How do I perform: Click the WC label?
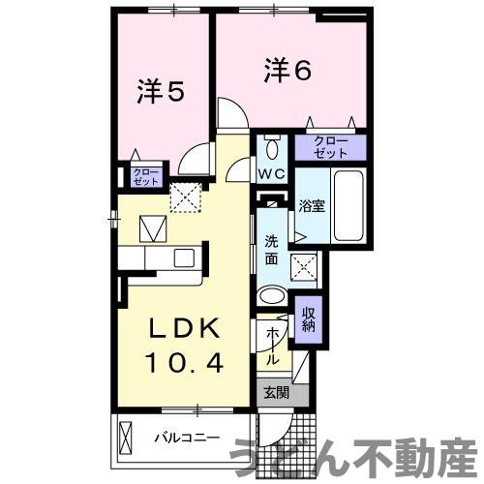tap(270, 175)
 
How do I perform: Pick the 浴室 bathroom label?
tap(311, 205)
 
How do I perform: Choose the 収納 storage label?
tap(308, 318)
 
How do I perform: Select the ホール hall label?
tap(273, 343)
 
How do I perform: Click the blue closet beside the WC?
tap(330, 148)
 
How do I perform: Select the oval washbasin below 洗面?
tap(273, 297)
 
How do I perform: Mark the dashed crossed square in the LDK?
tap(184, 197)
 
